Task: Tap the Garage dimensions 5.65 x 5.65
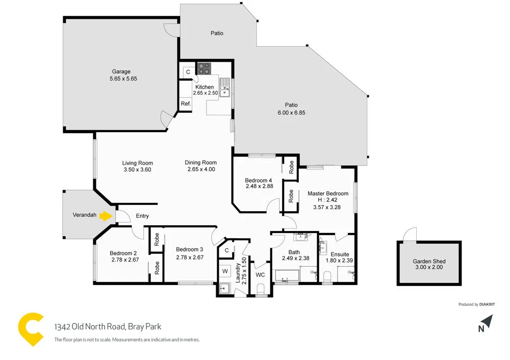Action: point(123,79)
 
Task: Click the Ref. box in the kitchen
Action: point(186,104)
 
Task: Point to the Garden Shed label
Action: point(429,261)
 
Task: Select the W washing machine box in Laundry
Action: point(224,270)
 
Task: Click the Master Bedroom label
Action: point(328,193)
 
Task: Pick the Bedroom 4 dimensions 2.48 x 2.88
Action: point(259,187)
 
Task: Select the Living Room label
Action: point(137,163)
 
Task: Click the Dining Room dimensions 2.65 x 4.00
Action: point(201,169)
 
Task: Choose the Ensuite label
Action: point(340,254)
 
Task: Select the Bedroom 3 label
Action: point(190,249)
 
